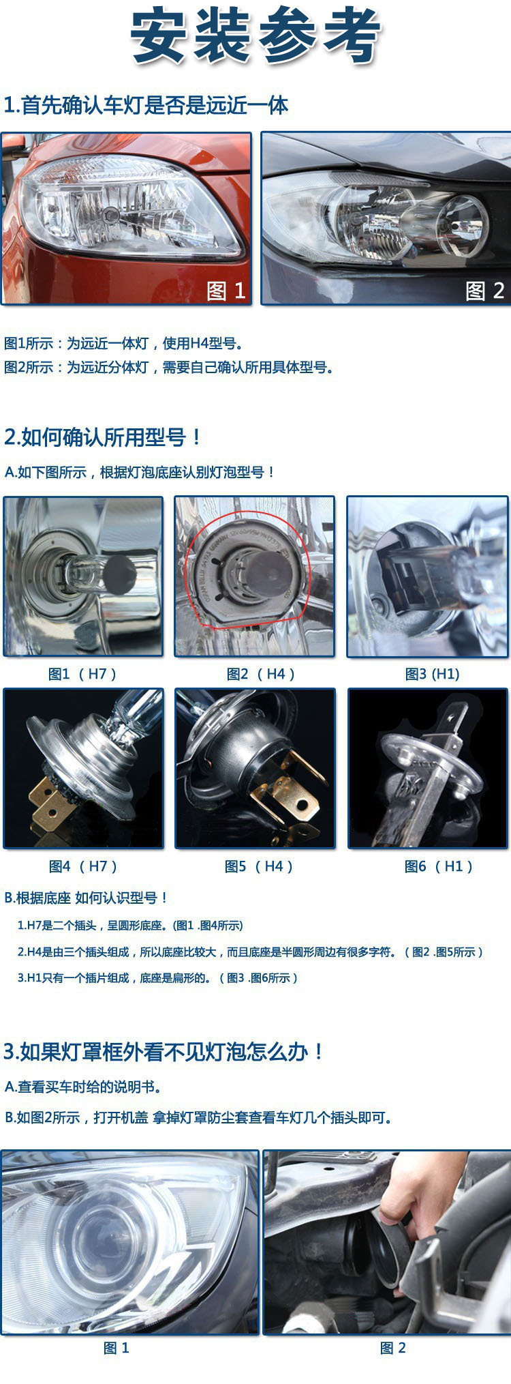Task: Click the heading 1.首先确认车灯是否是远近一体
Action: point(146,106)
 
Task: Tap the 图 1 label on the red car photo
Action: point(226,291)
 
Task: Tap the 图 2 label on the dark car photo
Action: point(484,291)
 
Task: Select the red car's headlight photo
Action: point(126,217)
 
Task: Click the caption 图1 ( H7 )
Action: point(82,674)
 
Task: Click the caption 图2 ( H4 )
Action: point(260,674)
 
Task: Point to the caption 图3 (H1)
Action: point(432,674)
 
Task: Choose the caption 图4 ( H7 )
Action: point(83,866)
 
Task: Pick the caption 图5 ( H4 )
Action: point(259,866)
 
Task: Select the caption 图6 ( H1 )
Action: point(438,866)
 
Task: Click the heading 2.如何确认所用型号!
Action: point(102,437)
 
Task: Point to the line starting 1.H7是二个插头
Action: point(130,926)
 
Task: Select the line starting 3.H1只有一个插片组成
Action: point(157,978)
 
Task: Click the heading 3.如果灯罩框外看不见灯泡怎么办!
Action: point(164,1052)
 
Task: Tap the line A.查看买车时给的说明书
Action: point(83,1087)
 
